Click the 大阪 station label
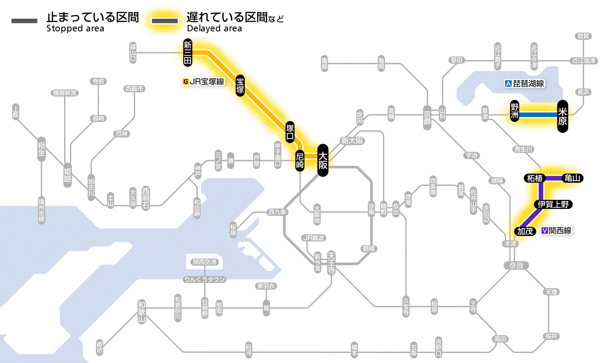pyautogui.click(x=322, y=160)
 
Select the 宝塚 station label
pyautogui.click(x=241, y=85)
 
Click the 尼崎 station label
pyautogui.click(x=300, y=161)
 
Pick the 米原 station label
pyautogui.click(x=563, y=116)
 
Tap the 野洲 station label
pyautogui.click(x=515, y=111)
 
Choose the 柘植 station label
pyautogui.click(x=534, y=178)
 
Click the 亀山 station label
pyautogui.click(x=573, y=178)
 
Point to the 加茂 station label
pyautogui.click(x=525, y=231)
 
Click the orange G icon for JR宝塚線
pyautogui.click(x=186, y=81)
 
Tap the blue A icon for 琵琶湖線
pyautogui.click(x=507, y=84)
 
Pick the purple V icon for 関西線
pyautogui.click(x=544, y=231)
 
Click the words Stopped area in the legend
pyautogui.click(x=75, y=29)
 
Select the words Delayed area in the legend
pyautogui.click(x=214, y=29)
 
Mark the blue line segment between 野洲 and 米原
pyautogui.click(x=539, y=114)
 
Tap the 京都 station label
pyautogui.click(x=427, y=115)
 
